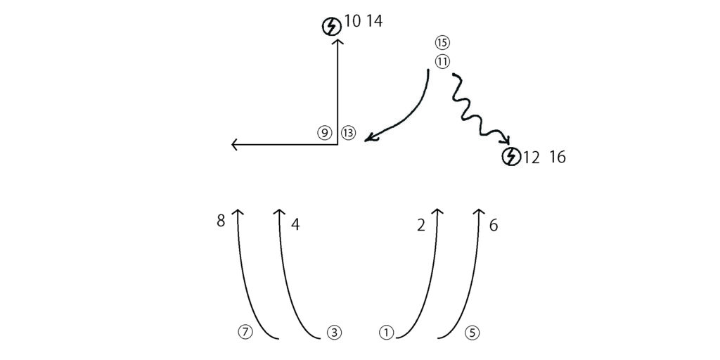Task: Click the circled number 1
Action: click(x=387, y=333)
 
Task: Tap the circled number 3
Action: click(x=335, y=333)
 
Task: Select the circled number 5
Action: click(x=472, y=333)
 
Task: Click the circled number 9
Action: click(x=325, y=133)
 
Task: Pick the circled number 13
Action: click(x=348, y=133)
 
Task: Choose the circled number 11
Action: click(x=442, y=62)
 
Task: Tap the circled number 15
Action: click(x=442, y=43)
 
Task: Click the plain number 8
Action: click(x=221, y=221)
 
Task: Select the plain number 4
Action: click(x=295, y=224)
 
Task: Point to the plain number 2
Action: click(x=422, y=226)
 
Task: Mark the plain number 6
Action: click(x=494, y=226)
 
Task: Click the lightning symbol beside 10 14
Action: click(x=331, y=27)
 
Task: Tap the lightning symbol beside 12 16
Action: click(x=511, y=157)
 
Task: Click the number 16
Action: click(x=557, y=157)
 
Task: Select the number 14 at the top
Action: click(x=374, y=21)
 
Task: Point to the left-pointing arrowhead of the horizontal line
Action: click(x=234, y=145)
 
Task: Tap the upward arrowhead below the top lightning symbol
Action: click(x=338, y=41)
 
